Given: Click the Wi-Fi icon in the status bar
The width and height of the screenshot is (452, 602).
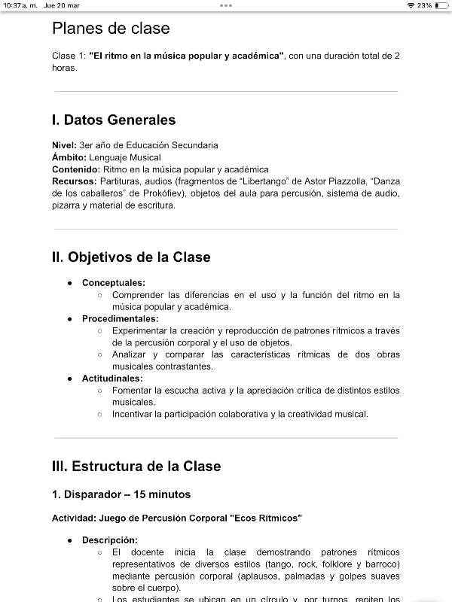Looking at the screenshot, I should pyautogui.click(x=411, y=5).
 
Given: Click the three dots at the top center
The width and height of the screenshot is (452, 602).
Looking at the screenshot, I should pyautogui.click(x=226, y=5).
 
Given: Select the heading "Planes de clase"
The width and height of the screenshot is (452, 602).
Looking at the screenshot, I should pyautogui.click(x=111, y=29).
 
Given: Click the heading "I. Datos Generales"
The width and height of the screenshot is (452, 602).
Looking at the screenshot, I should pyautogui.click(x=114, y=120).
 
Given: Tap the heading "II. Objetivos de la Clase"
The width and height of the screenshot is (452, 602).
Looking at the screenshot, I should pyautogui.click(x=131, y=257).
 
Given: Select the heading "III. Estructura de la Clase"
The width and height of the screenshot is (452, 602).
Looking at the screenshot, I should pyautogui.click(x=136, y=466).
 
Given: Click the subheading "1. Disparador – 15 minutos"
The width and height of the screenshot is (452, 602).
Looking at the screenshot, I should pyautogui.click(x=121, y=494).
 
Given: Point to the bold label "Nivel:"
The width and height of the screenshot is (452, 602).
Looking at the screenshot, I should pyautogui.click(x=64, y=145).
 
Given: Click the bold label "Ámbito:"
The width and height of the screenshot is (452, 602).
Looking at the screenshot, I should pyautogui.click(x=69, y=157).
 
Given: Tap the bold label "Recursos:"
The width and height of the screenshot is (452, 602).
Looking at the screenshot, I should pyautogui.click(x=74, y=181).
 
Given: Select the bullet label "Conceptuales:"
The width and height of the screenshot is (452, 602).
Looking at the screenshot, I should pyautogui.click(x=114, y=282).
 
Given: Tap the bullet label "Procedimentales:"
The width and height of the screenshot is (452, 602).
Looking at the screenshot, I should pyautogui.click(x=121, y=318).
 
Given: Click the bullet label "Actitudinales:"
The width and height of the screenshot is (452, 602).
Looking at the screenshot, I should pyautogui.click(x=112, y=379).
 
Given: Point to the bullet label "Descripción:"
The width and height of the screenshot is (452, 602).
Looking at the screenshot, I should pyautogui.click(x=110, y=540).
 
